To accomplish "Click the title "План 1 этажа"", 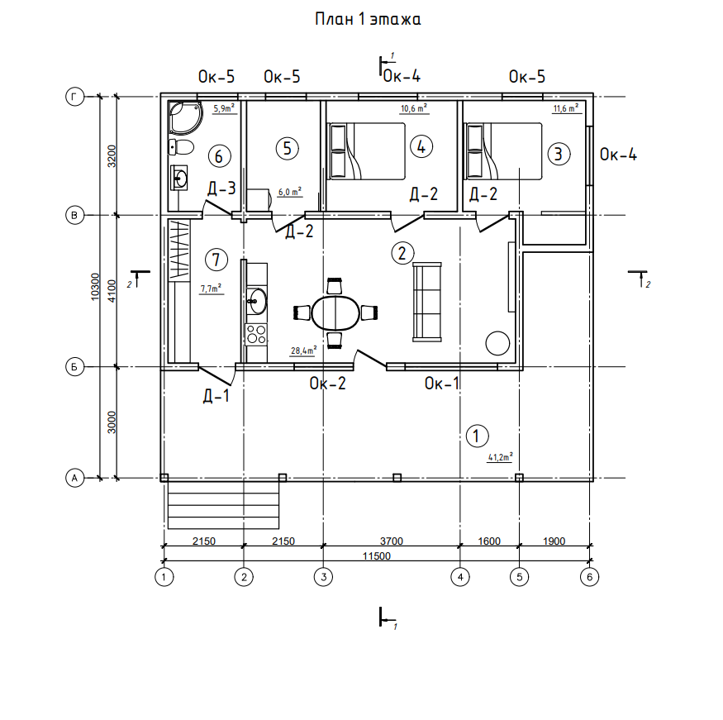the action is click(x=368, y=19).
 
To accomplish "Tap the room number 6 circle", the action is click(x=219, y=156).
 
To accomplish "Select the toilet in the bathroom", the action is click(x=181, y=147).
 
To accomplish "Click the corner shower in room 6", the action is click(x=185, y=117).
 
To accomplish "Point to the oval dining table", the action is click(x=335, y=312).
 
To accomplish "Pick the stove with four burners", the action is click(x=256, y=334).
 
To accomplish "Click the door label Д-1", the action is click(x=216, y=396).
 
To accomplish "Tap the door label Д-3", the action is click(x=221, y=188).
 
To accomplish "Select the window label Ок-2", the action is click(x=327, y=384).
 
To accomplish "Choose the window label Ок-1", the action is click(x=442, y=384).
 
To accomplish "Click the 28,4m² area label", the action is click(x=303, y=350).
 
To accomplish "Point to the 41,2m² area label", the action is click(x=500, y=457).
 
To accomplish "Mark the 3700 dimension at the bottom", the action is click(x=392, y=541).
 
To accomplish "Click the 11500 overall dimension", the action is click(x=376, y=555).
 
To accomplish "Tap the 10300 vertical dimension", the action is click(x=96, y=287).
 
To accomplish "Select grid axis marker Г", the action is click(x=74, y=97).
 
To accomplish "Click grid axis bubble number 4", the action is click(x=460, y=576).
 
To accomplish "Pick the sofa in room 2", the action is click(x=427, y=302).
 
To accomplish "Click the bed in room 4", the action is click(x=366, y=151).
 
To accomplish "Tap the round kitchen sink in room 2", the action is click(x=256, y=301).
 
